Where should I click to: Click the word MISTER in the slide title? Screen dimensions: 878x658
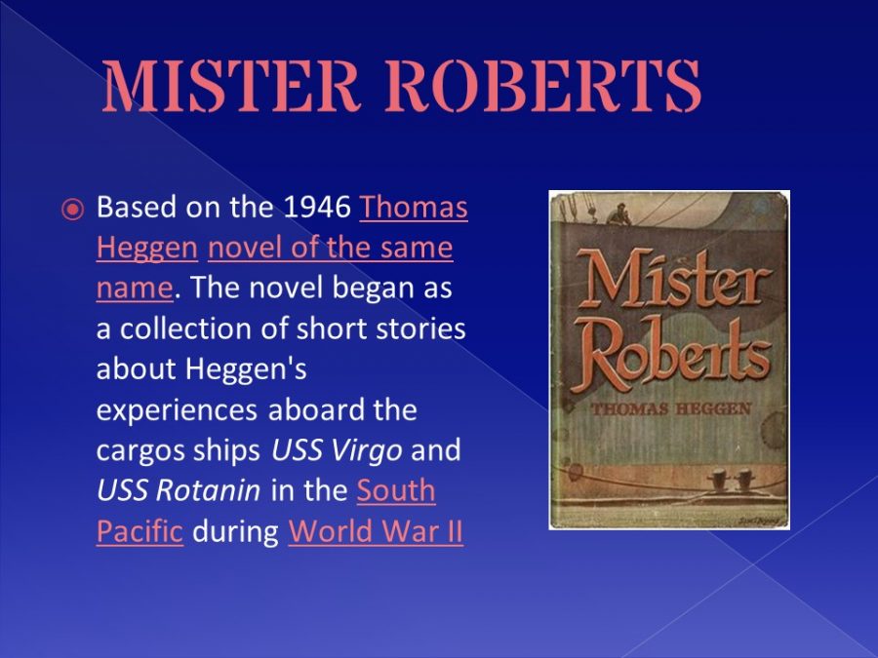pos(230,85)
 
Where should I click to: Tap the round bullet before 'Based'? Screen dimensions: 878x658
pos(72,210)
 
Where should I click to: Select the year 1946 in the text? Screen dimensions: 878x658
pos(317,207)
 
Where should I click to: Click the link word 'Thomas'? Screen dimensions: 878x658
pos(414,207)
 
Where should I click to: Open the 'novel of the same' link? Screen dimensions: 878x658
pos(331,248)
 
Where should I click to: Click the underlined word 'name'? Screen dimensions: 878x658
pos(135,289)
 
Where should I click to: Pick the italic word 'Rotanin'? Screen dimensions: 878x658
pos(208,490)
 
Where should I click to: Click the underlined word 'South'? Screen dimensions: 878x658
pos(396,490)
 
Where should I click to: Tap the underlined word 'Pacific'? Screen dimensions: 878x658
pos(140,531)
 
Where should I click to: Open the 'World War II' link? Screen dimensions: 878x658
pos(376,531)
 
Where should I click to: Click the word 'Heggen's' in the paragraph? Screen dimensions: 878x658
pos(246,369)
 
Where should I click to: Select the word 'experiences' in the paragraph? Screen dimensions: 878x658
pos(177,410)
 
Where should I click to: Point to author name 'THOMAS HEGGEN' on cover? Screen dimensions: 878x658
pos(671,408)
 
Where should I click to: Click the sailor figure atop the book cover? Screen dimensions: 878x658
pos(619,213)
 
